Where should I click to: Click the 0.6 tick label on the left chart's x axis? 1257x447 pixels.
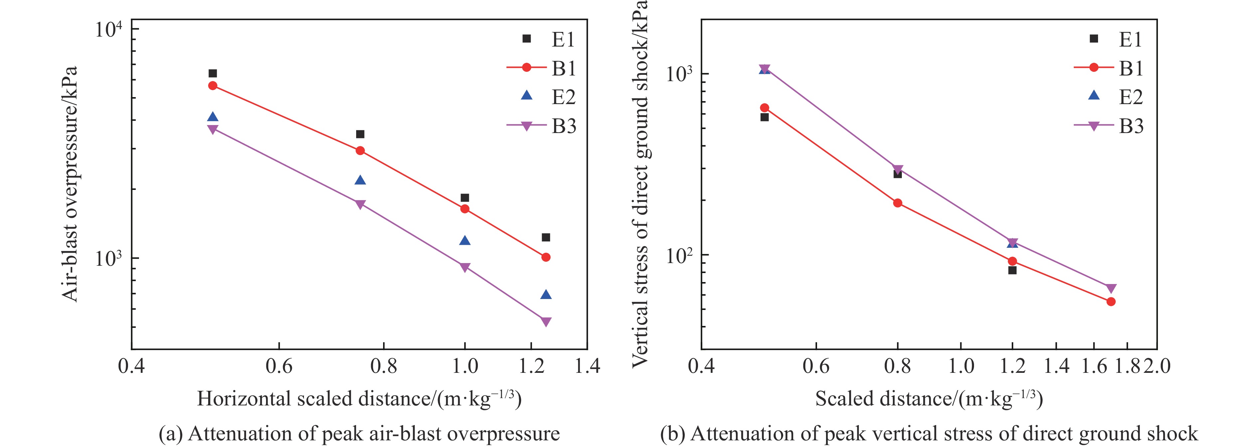tap(279, 366)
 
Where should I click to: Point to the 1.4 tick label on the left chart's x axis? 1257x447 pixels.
tap(587, 366)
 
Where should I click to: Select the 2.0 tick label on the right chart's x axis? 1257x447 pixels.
tap(1157, 366)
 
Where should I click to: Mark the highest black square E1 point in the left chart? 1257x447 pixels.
tap(213, 73)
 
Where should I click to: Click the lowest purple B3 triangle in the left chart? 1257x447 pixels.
tap(546, 322)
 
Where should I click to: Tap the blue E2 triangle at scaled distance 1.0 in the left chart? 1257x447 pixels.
tap(465, 240)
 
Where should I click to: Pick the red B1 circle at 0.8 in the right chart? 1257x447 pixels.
tap(898, 203)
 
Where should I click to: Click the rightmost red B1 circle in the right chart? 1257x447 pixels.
tap(1111, 302)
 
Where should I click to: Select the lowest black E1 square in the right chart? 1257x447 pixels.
tap(1012, 270)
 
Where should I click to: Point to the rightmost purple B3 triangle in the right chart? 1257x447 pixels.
tap(1111, 288)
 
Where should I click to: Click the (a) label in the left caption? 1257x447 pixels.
tap(170, 434)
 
